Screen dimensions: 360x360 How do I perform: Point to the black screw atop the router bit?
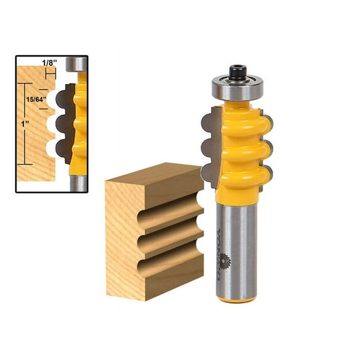(237, 72)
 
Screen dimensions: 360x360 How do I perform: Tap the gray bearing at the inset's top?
(77, 64)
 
